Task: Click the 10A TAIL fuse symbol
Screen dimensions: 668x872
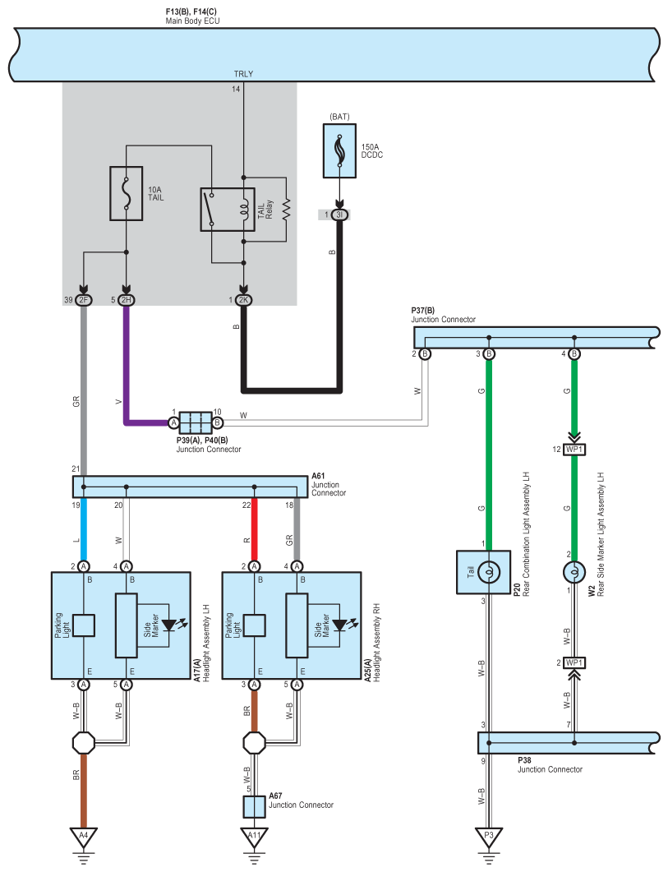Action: pos(127,193)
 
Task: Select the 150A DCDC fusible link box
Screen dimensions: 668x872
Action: pos(340,150)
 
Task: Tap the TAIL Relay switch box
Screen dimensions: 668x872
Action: pos(228,210)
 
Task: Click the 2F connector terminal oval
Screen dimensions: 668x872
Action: pos(84,300)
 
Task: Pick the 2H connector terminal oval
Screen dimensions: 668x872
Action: pos(127,300)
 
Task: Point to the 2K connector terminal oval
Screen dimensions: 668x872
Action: pos(243,300)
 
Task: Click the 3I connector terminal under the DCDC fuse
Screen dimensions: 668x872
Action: pos(339,215)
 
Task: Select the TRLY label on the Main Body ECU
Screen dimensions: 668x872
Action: pos(243,74)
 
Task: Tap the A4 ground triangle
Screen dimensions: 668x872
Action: pos(84,837)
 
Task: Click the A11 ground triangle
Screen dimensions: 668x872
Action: pos(254,837)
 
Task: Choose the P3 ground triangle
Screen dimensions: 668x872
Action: pos(489,837)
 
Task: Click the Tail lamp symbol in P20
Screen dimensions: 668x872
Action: pos(489,572)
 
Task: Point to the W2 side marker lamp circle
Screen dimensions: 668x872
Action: pos(574,572)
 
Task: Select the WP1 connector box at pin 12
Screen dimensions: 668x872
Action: pos(574,450)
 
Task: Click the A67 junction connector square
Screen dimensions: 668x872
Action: pos(254,807)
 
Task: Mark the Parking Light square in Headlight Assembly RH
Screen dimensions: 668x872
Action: pos(254,625)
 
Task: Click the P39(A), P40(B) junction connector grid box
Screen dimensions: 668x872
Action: pos(196,422)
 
